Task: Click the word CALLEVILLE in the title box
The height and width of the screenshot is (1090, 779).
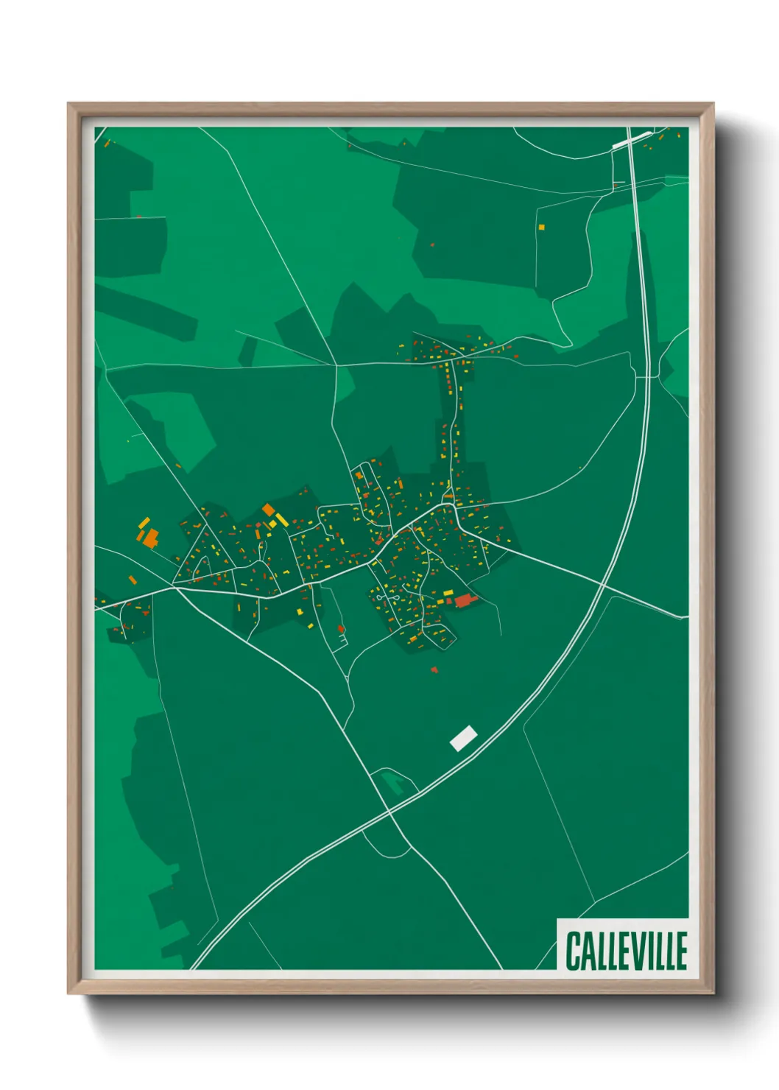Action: tap(626, 950)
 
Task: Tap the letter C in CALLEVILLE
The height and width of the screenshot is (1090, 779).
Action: tap(573, 950)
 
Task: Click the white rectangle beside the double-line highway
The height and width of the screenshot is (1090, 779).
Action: tap(463, 737)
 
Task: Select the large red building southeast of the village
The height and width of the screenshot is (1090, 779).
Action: tap(463, 600)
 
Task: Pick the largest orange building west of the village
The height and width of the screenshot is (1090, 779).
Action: tap(150, 538)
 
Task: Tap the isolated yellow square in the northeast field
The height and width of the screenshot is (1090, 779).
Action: tap(541, 227)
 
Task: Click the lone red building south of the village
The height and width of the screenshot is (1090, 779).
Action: tap(434, 669)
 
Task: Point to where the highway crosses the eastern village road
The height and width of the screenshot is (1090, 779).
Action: tap(602, 584)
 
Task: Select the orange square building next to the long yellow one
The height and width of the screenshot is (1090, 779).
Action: tap(268, 509)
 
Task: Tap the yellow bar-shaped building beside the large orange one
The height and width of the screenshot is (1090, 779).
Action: tap(144, 523)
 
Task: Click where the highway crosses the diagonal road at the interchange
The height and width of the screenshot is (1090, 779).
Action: tap(389, 812)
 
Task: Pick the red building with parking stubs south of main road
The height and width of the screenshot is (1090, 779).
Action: tap(341, 629)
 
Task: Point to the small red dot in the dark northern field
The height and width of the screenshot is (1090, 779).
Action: tap(432, 245)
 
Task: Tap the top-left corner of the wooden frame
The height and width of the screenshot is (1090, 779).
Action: tap(68, 104)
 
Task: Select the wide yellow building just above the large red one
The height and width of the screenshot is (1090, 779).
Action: tap(446, 592)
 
